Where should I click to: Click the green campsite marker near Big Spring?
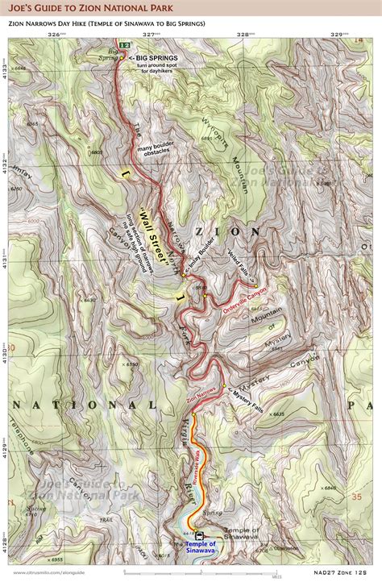(x=122, y=44)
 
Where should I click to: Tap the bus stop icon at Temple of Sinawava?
(x=199, y=534)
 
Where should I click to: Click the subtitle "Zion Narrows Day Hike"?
(x=107, y=23)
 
